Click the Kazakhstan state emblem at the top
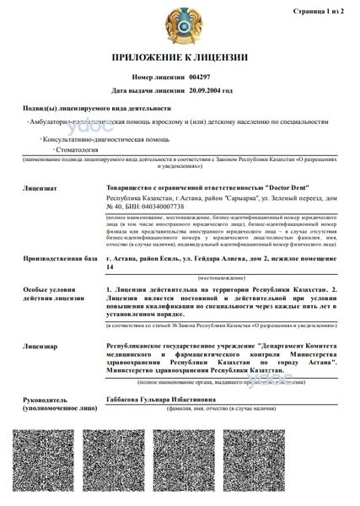(180, 23)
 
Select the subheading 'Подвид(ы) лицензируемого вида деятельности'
(97, 109)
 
